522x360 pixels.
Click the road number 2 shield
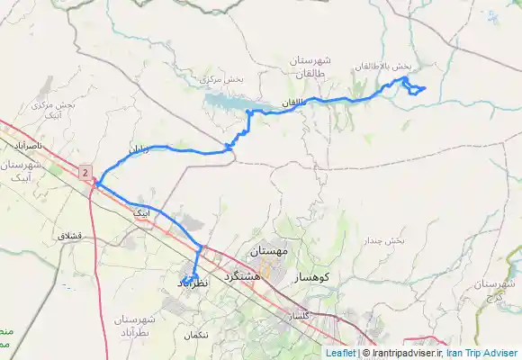(x=85, y=171)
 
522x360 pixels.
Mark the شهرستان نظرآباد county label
(x=138, y=327)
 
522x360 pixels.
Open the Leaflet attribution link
(x=339, y=353)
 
